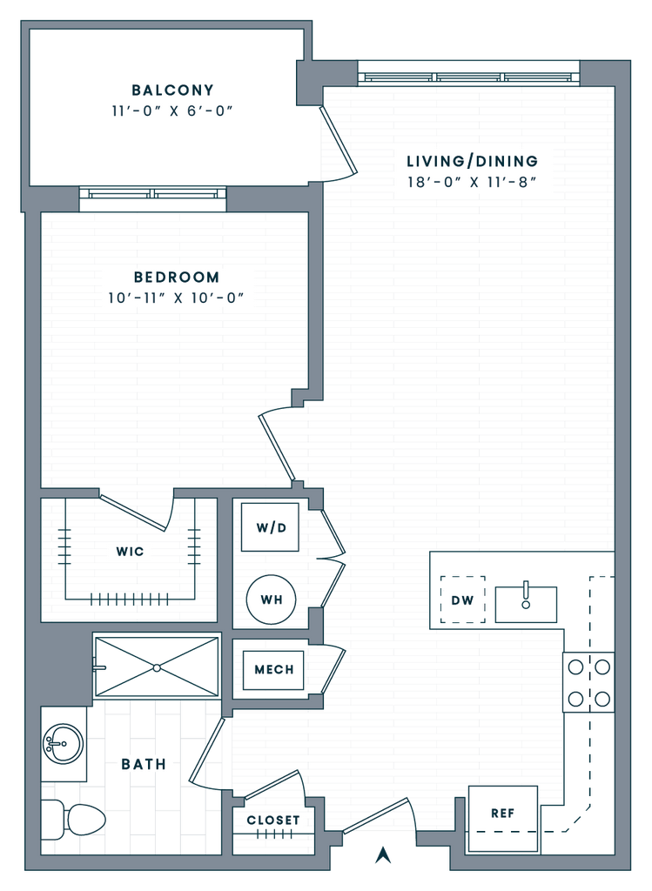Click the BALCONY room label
(x=172, y=90)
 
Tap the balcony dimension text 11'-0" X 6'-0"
(x=172, y=111)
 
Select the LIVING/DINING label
(x=473, y=161)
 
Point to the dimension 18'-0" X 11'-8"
(x=473, y=183)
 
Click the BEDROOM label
(x=177, y=278)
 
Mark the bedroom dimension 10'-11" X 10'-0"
(x=177, y=298)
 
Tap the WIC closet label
(x=129, y=551)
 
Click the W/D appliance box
(x=269, y=527)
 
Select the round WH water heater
(x=271, y=599)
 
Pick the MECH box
(x=273, y=670)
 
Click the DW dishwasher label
(x=462, y=600)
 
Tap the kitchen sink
(x=526, y=600)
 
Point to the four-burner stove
(x=588, y=682)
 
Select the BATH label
(x=144, y=764)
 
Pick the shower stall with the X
(x=157, y=667)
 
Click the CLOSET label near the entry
(x=272, y=820)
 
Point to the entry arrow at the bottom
(x=380, y=856)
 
